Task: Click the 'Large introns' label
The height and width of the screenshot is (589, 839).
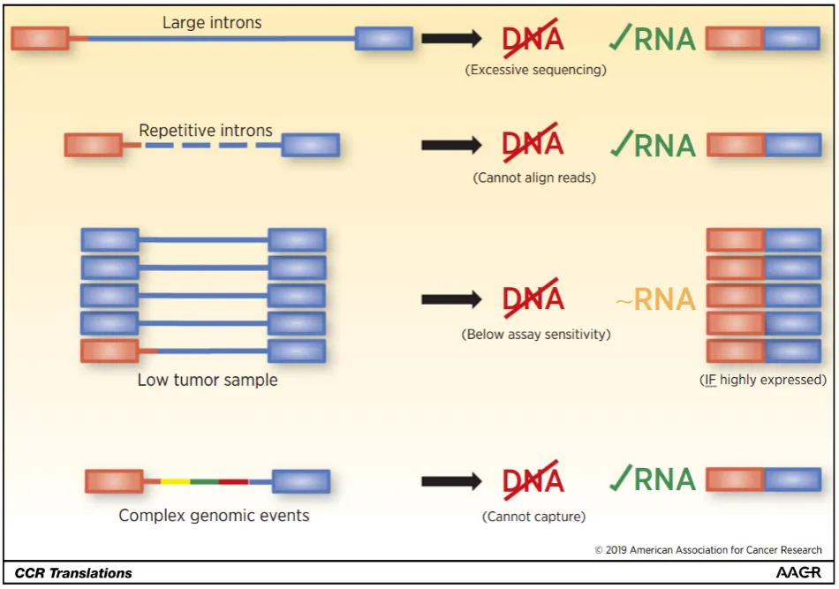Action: [x=212, y=23]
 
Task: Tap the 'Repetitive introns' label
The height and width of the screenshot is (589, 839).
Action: [x=206, y=131]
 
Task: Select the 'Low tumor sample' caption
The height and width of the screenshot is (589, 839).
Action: [x=208, y=381]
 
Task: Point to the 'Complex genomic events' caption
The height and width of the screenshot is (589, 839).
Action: [x=214, y=515]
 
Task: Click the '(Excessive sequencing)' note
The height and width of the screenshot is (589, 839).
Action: [x=535, y=70]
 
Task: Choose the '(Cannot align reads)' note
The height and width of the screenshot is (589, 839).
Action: [x=534, y=177]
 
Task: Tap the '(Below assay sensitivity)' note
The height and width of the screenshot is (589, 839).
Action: [x=535, y=335]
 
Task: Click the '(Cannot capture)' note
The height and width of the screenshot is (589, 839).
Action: [x=533, y=517]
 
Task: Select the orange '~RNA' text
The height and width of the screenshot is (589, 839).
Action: [x=654, y=300]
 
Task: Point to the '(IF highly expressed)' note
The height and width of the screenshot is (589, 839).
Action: [x=762, y=381]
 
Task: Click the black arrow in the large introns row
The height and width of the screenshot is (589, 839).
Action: [x=451, y=38]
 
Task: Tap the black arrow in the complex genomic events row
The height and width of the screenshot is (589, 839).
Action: [x=451, y=481]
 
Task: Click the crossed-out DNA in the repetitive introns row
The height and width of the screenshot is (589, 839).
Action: [x=533, y=144]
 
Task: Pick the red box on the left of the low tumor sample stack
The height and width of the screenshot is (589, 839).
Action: [x=110, y=351]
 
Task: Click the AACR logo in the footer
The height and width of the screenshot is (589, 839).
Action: [x=798, y=573]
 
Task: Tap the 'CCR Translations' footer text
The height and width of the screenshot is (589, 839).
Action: [x=73, y=573]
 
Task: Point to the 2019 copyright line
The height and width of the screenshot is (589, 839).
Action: [x=708, y=550]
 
